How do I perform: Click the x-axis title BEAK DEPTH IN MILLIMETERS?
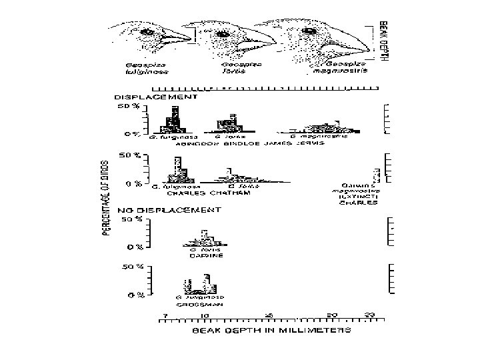coord(272,330)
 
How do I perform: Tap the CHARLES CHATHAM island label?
coord(199,193)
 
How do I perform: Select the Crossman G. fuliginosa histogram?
coord(200,285)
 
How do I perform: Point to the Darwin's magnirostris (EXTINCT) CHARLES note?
coord(359,194)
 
